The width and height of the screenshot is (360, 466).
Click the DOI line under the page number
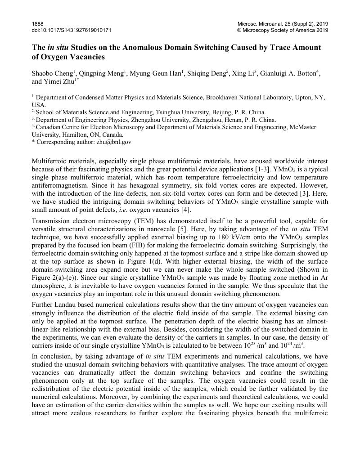pos(72,30)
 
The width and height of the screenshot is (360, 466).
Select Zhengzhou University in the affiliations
pos(153,120)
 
